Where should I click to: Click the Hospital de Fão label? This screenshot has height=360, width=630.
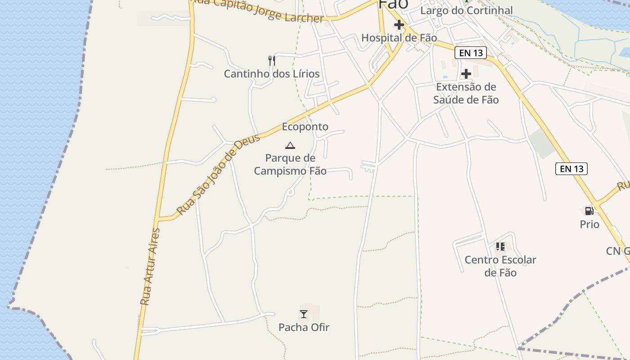pos(399,38)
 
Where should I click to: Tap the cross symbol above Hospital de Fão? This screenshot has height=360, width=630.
pos(399,25)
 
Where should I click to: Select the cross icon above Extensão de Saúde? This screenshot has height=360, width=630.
pos(466,73)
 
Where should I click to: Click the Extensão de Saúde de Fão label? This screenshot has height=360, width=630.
pos(466,93)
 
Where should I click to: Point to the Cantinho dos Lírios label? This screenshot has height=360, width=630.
pos(272,74)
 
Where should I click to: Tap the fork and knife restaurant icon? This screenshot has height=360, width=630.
pos(271,61)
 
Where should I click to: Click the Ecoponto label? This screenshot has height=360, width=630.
pos(305,127)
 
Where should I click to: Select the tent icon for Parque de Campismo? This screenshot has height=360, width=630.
pos(290,145)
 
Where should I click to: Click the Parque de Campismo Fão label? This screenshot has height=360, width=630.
pos(290,164)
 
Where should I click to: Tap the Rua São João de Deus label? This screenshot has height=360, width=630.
pos(219,175)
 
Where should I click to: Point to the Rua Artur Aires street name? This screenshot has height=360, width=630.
pos(150,267)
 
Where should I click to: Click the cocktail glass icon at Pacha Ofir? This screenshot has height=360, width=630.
pos(304,314)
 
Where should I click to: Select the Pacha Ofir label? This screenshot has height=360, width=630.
pos(304,327)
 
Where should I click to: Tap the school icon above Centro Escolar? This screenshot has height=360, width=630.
pos(500,247)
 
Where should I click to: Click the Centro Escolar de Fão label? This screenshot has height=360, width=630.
pos(500,266)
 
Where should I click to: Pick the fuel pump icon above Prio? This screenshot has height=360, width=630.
pos(589,211)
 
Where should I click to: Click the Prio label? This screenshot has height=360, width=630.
pos(589,224)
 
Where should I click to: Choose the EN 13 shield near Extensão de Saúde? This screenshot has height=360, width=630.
pos(471,53)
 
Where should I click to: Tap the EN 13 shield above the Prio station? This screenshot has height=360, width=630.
pos(571,169)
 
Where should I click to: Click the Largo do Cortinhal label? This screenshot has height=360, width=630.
pos(467,10)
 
